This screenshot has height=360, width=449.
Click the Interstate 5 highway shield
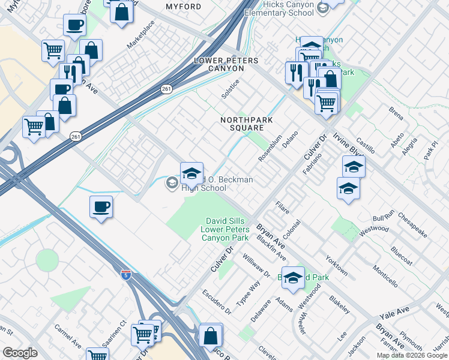click(125, 275)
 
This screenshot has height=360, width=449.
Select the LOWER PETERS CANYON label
click(226, 65)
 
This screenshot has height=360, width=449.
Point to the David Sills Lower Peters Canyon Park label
click(224, 230)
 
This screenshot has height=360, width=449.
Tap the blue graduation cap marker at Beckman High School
click(191, 173)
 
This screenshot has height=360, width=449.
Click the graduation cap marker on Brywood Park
click(293, 277)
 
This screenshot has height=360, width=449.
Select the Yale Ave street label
click(393, 312)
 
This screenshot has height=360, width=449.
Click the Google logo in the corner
click(20, 353)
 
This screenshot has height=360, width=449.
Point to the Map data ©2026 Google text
click(412, 355)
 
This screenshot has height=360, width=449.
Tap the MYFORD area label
click(183, 6)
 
